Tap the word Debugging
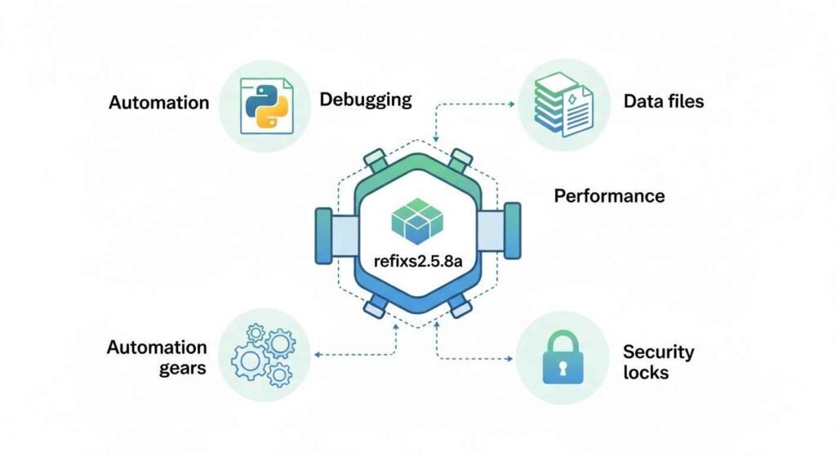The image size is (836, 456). coord(365,100)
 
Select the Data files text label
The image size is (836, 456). coord(663,102)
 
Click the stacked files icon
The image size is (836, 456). coord(551,101)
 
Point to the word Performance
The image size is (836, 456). coord(609,196)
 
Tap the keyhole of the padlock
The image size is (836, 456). coord(563,369)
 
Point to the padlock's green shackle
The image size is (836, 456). coord(563,341)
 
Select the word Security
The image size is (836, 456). coord(658,352)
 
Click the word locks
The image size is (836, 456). coord(645,373)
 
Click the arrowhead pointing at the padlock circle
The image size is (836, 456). coord(512,358)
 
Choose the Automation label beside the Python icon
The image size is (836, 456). coord(158,103)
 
